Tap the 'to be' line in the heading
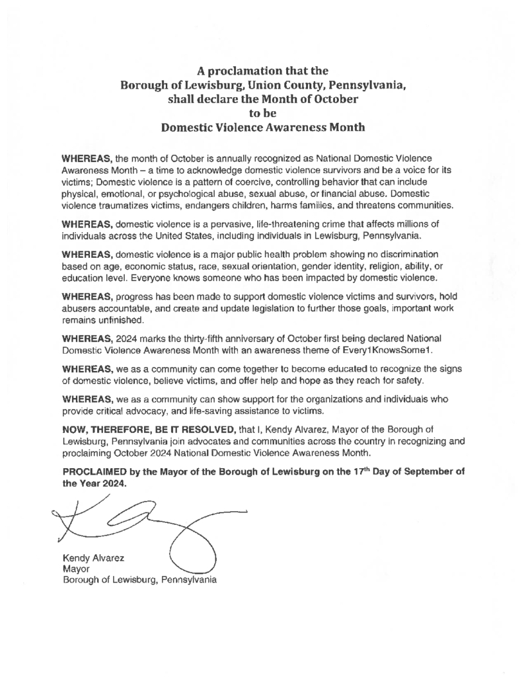(x=263, y=114)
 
